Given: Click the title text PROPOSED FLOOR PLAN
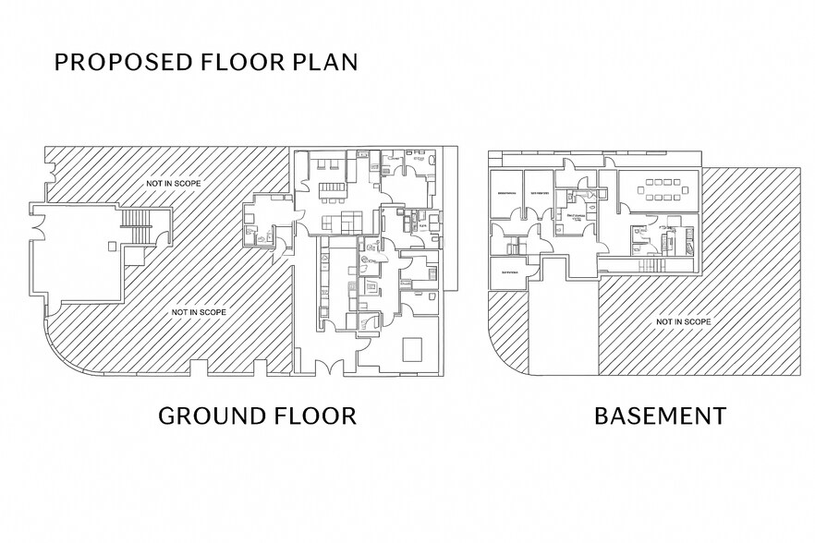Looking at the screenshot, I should [x=205, y=62].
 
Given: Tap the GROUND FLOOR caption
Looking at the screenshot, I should [x=257, y=416].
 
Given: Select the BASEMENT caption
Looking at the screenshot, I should [x=659, y=416].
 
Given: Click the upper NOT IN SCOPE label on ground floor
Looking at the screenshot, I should [x=173, y=183].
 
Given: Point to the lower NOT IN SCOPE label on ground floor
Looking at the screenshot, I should [x=198, y=312].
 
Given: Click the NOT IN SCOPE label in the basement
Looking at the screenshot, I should [x=683, y=321].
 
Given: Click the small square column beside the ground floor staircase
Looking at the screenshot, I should [x=112, y=246].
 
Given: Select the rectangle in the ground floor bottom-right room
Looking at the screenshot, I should [x=413, y=348].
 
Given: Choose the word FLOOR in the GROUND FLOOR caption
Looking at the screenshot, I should [x=311, y=416].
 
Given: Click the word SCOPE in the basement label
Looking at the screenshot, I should [x=697, y=321].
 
